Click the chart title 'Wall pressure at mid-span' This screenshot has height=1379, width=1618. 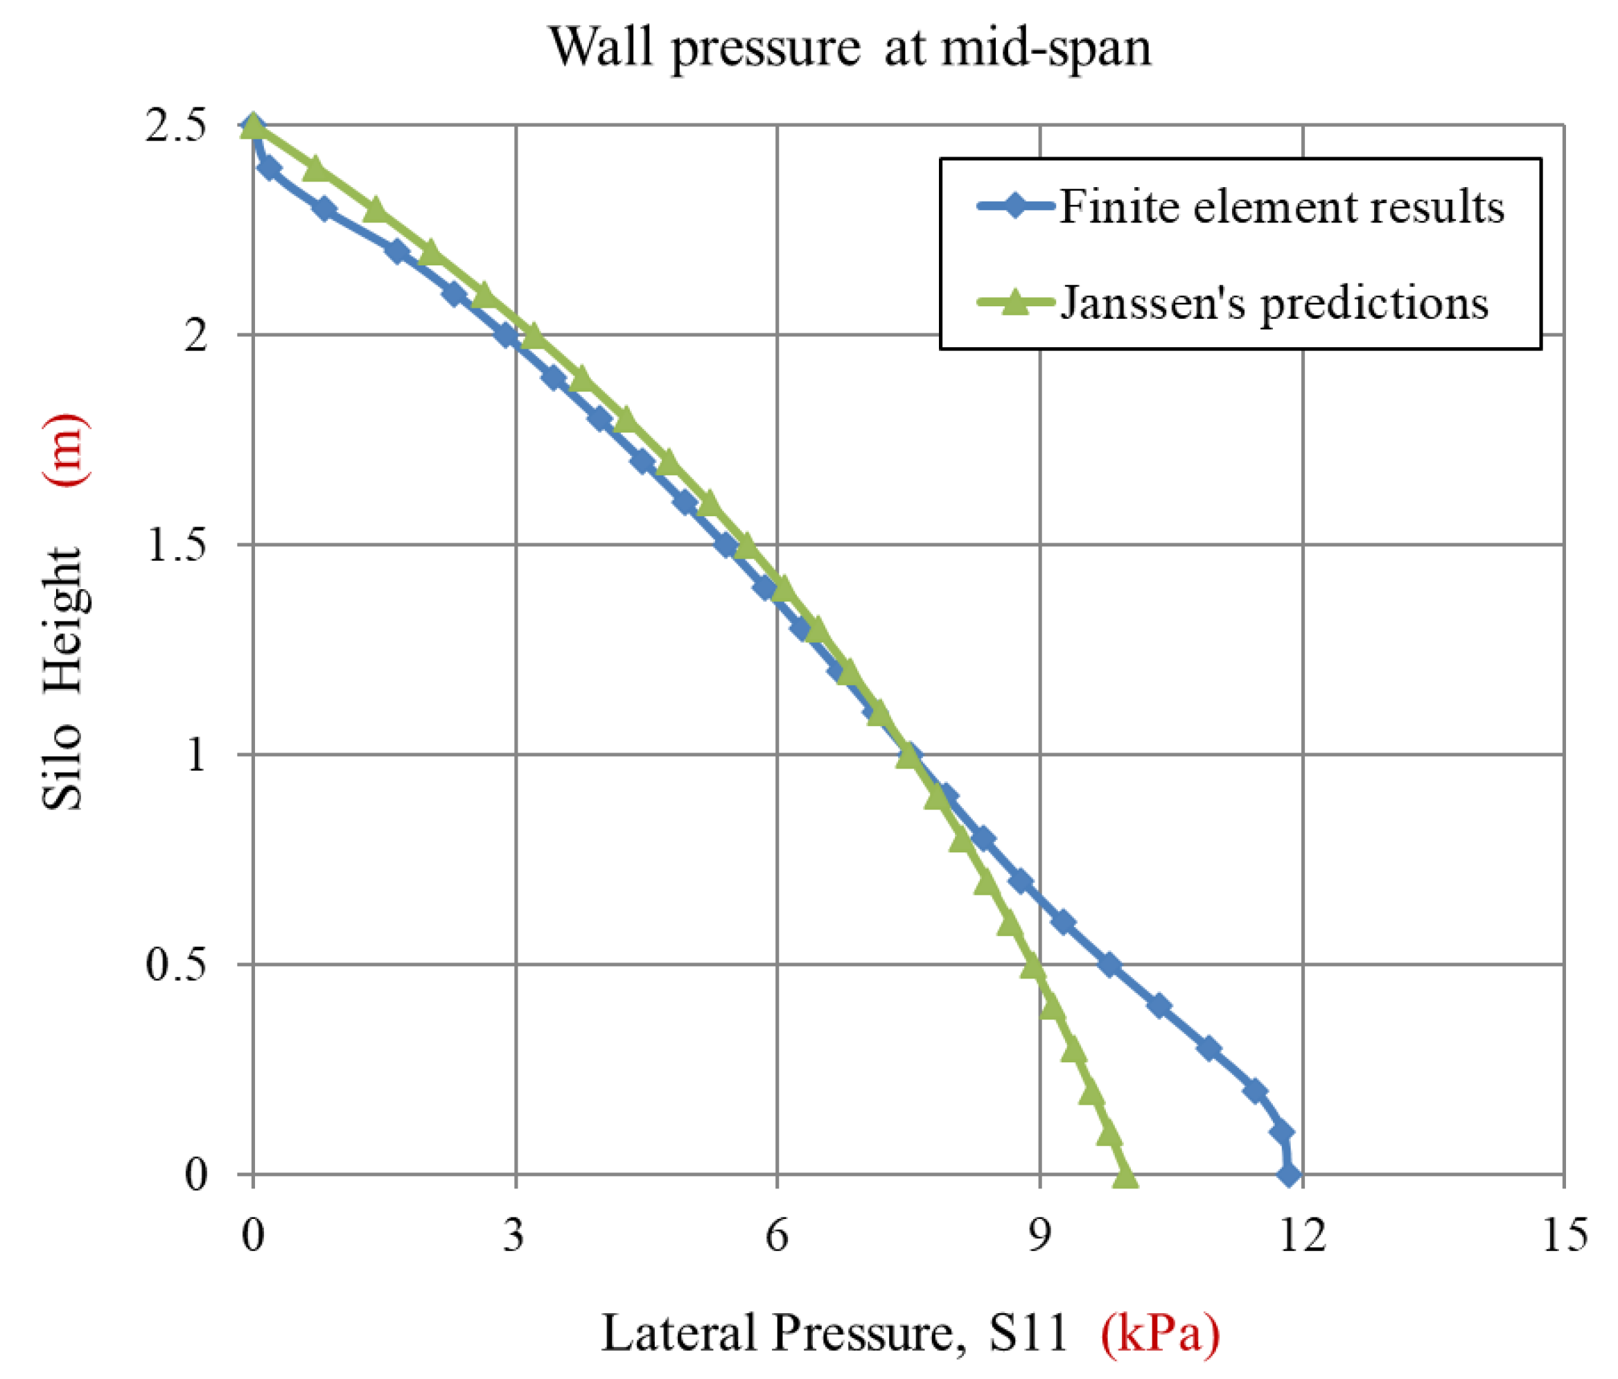(x=850, y=49)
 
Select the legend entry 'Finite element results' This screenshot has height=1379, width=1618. (x=1281, y=208)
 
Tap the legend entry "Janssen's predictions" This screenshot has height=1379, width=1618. (x=1274, y=303)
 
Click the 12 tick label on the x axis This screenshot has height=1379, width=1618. (x=1302, y=1236)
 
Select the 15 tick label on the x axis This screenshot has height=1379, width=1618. (x=1564, y=1236)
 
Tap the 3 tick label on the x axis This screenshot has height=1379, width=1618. (x=514, y=1236)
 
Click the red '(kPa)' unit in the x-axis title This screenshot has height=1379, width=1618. (x=1159, y=1333)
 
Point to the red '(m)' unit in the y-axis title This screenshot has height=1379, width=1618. (x=64, y=450)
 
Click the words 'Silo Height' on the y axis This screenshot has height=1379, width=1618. (x=62, y=678)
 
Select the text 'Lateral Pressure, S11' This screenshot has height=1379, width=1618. (x=834, y=1333)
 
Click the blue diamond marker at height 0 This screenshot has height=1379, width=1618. (x=1290, y=1175)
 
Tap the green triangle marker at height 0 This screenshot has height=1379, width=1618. (x=1125, y=1173)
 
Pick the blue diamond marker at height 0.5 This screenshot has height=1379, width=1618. (x=1109, y=965)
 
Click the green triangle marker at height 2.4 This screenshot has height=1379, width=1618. (x=315, y=168)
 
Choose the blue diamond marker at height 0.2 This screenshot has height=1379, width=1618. (x=1255, y=1091)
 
